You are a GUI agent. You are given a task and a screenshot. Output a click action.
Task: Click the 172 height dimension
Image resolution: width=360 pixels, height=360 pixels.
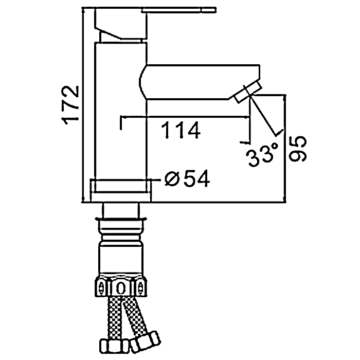71,105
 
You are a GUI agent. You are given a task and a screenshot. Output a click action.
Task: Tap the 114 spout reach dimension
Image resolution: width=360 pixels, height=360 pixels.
181,130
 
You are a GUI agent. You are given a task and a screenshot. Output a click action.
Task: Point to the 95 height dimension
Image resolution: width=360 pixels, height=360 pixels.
298,149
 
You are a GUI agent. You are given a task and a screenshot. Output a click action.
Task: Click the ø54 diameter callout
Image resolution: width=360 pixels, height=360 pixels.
187,178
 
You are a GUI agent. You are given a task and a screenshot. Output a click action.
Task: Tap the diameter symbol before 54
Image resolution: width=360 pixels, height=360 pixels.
172,179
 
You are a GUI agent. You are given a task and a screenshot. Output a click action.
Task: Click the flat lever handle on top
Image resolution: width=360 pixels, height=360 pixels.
179,10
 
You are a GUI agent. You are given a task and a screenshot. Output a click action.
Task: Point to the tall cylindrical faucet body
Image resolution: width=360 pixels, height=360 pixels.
121,111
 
